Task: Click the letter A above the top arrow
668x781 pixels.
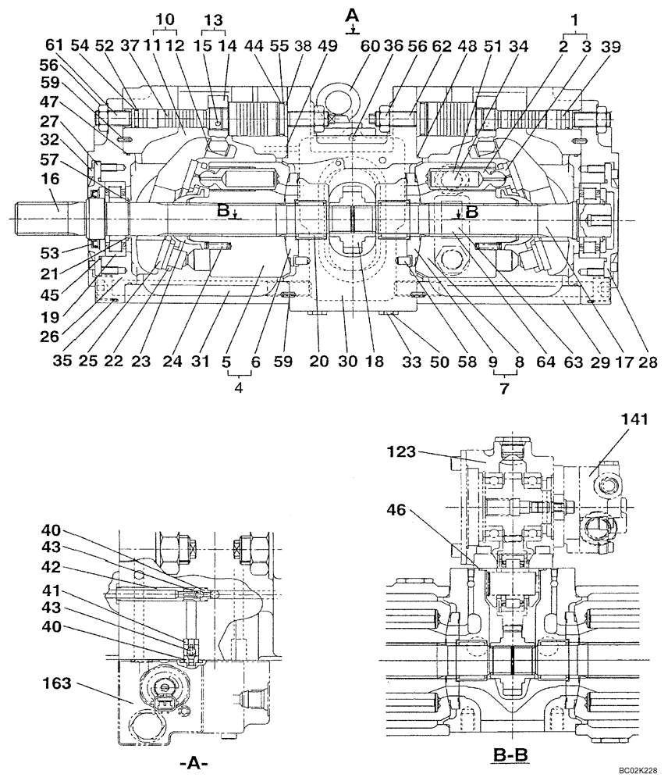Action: pos(353,13)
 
